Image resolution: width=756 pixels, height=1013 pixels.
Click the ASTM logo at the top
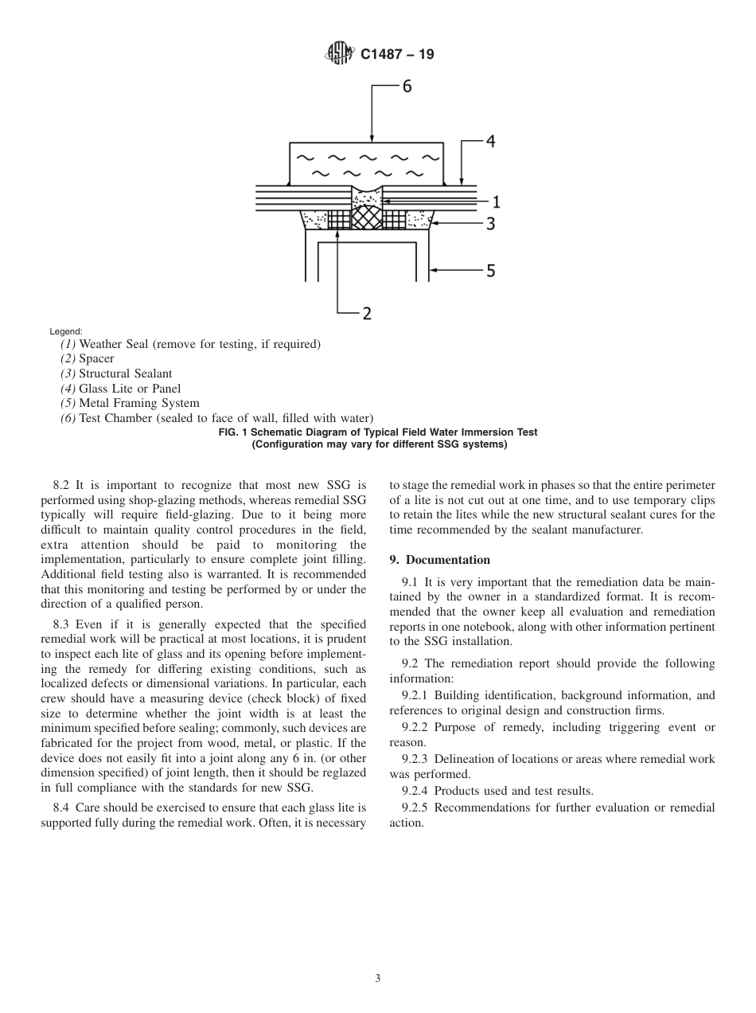(340, 55)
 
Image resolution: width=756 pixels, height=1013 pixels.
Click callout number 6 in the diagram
(407, 87)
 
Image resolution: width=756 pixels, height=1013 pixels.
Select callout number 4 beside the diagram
(490, 142)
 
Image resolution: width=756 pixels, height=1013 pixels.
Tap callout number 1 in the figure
(495, 201)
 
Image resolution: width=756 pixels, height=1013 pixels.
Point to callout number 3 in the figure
(491, 224)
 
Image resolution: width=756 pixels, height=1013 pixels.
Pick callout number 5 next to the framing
(491, 271)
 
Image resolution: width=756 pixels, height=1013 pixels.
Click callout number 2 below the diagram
(367, 313)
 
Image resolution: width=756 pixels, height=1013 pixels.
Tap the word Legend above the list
(65, 331)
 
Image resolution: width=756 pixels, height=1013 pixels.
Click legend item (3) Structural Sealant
(116, 374)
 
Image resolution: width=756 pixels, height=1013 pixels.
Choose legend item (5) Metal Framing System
(130, 403)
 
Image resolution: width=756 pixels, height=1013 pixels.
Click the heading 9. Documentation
(439, 560)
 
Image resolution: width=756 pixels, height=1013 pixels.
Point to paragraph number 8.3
(64, 624)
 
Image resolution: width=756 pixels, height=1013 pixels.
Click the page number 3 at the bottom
(378, 979)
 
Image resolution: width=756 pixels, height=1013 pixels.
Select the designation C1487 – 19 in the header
(397, 55)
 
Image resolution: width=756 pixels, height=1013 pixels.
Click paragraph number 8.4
(64, 808)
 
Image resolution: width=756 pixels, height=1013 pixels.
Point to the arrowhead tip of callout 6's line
(372, 141)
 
